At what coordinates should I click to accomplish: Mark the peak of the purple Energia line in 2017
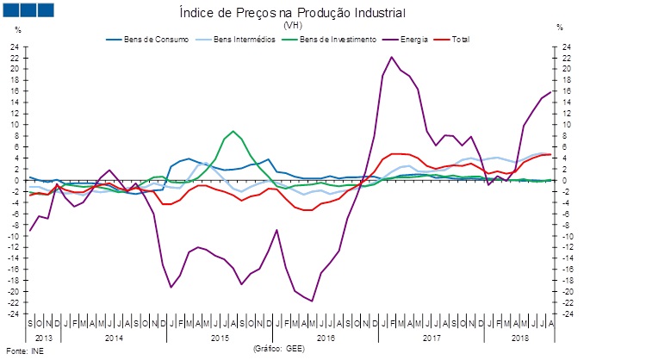393,58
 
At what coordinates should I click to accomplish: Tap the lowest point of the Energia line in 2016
312,301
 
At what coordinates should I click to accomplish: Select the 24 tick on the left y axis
15,47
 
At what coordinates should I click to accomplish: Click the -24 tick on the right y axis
565,313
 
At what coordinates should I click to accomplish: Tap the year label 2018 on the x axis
519,338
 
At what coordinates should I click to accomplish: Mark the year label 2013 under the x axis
43,338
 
